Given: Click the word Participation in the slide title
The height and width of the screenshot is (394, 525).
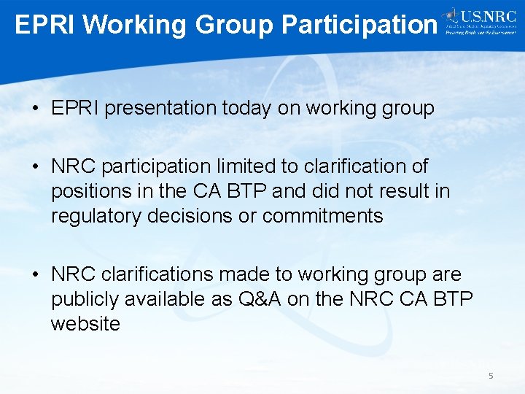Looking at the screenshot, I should [359, 25].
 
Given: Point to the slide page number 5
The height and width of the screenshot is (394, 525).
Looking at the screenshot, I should [491, 376].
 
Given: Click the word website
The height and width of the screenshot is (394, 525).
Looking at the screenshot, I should [85, 324].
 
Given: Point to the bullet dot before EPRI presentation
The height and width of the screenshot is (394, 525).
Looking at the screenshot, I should [36, 109].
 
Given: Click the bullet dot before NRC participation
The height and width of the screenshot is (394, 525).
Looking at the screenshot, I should [36, 167].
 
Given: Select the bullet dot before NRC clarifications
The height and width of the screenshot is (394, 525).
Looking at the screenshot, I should [36, 275].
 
